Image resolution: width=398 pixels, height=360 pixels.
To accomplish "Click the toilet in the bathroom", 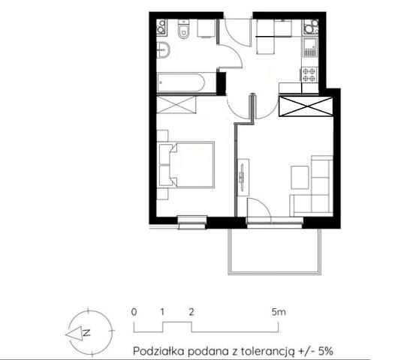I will point(182,30).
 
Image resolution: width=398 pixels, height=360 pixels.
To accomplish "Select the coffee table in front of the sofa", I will point(299,176).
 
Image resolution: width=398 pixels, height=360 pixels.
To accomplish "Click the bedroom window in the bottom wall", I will point(192,220).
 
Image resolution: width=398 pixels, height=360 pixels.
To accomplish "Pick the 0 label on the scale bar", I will point(133,310).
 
